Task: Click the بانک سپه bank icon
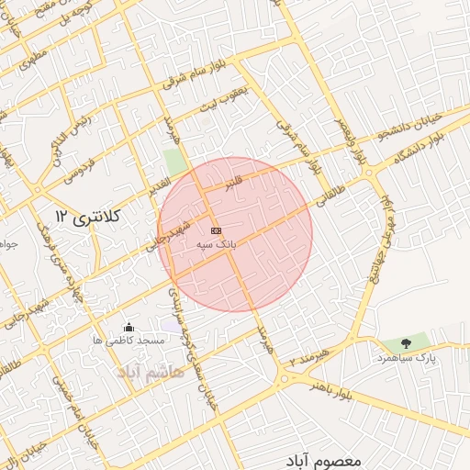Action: point(216,230)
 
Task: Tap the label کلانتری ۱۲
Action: point(89,217)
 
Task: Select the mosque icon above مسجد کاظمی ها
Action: point(129,327)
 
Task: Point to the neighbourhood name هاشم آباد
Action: point(151,371)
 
